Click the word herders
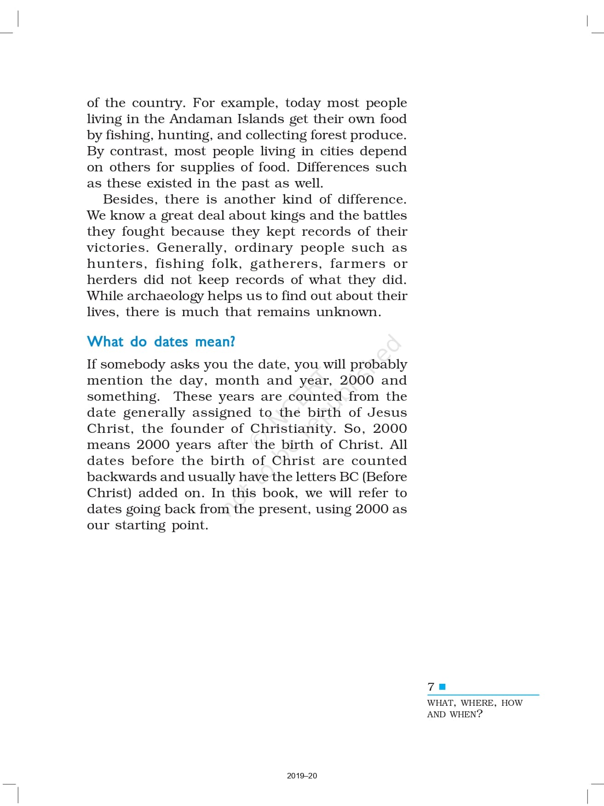112,280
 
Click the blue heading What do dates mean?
161,342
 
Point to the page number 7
431,687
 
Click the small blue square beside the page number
443,687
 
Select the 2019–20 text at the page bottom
302,776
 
